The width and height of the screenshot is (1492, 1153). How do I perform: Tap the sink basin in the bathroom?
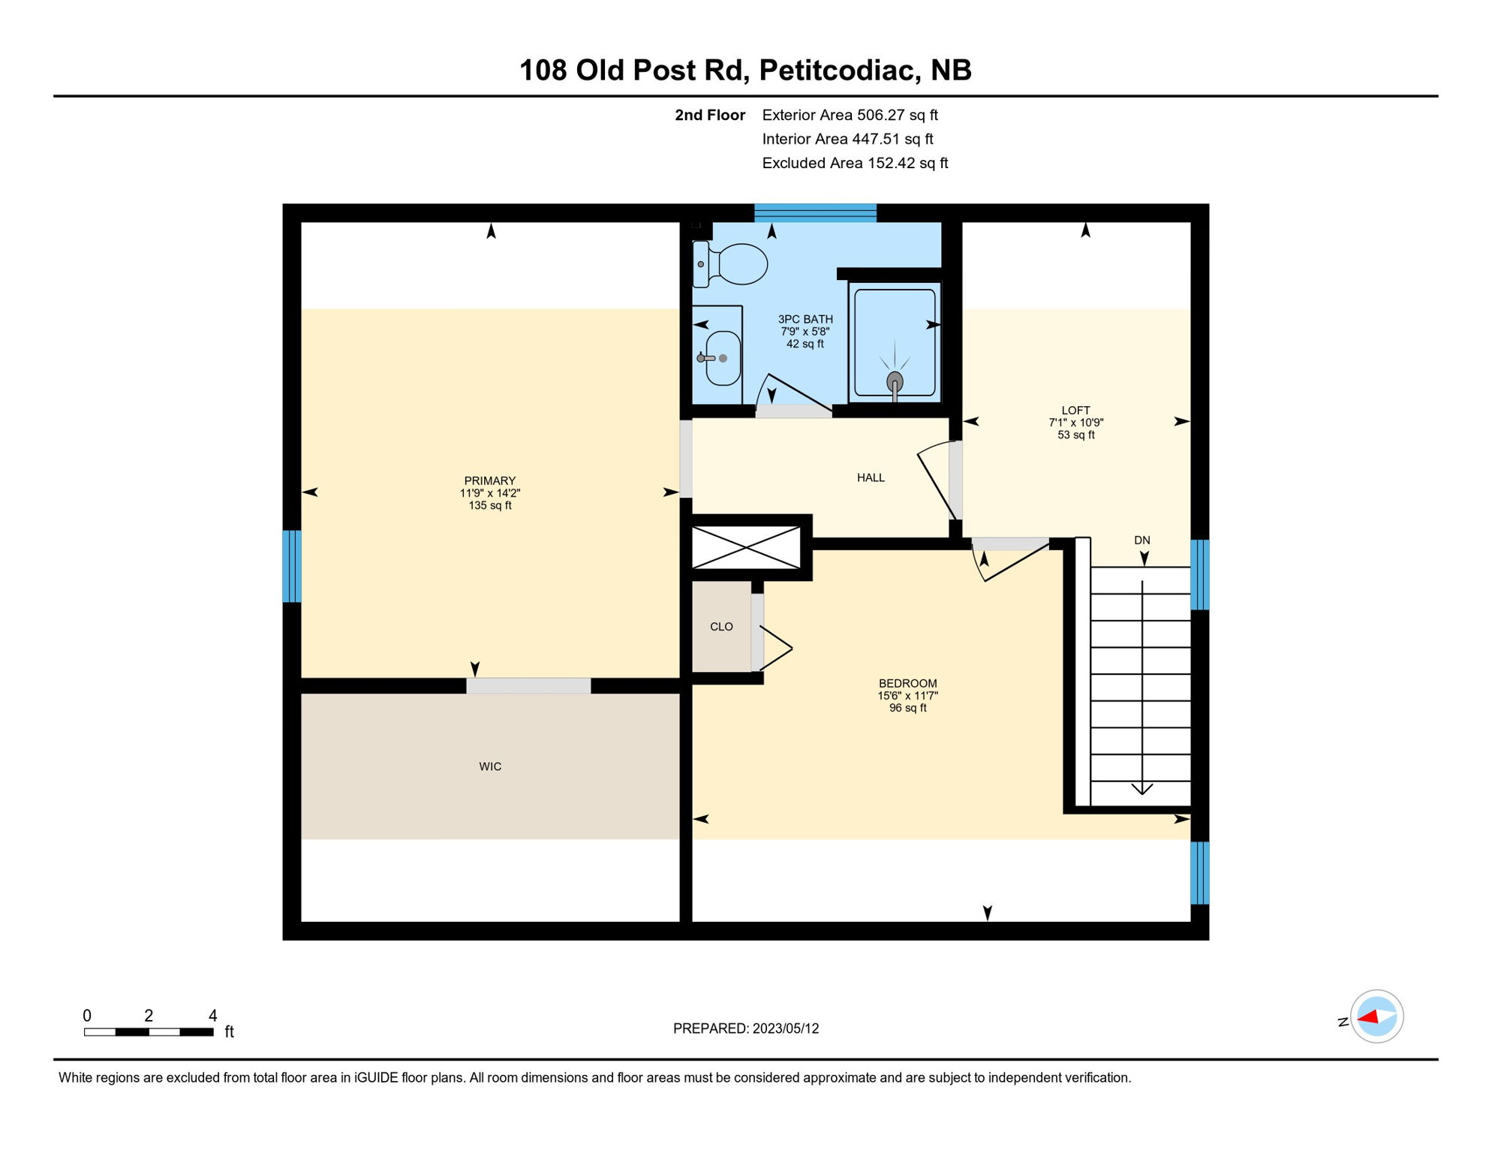722,359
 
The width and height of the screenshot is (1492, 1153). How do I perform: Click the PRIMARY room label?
489,481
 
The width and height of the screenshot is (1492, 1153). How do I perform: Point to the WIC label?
490,766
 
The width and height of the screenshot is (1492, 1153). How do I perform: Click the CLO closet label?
721,627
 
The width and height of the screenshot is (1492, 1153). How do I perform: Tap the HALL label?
871,477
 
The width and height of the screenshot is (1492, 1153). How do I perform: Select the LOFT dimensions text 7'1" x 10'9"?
1075,423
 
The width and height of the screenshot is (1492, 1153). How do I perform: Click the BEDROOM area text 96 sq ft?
907,708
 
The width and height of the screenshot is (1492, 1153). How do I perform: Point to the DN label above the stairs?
1142,540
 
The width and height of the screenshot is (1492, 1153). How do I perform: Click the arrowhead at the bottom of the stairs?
1142,788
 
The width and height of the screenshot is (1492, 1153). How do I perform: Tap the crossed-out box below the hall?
746,547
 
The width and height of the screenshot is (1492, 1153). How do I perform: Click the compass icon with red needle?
1376,1016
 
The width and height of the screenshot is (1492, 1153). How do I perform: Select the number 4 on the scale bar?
213,1016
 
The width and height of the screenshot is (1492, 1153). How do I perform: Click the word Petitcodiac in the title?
840,71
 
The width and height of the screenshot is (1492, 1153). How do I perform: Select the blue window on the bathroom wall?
815,213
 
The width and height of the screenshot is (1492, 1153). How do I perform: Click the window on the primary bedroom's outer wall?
292,567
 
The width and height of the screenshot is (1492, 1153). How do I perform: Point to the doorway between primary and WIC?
528,685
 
